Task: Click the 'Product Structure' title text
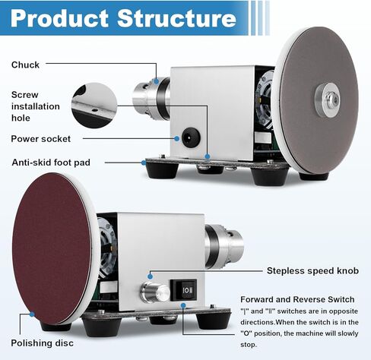coord(123,18)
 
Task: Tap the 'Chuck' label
coord(25,65)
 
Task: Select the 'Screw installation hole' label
coord(36,106)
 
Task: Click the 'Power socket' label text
coord(41,139)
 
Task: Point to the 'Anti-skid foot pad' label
coord(51,163)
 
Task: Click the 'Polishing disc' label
coord(43,343)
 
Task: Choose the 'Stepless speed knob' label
coord(312,270)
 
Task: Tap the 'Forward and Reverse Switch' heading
coord(297,299)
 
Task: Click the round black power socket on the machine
coord(192,137)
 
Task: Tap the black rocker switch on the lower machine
coord(183,290)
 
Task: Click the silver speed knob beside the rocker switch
coord(155,292)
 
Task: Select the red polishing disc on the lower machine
coord(52,248)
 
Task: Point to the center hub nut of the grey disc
coord(331,99)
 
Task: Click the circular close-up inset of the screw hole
coord(94,106)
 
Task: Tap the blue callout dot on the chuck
coord(157,81)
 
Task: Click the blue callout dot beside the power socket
coord(177,138)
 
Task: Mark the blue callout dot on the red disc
coord(32,314)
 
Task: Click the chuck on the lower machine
coord(224,246)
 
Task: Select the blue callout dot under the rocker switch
coord(183,306)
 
